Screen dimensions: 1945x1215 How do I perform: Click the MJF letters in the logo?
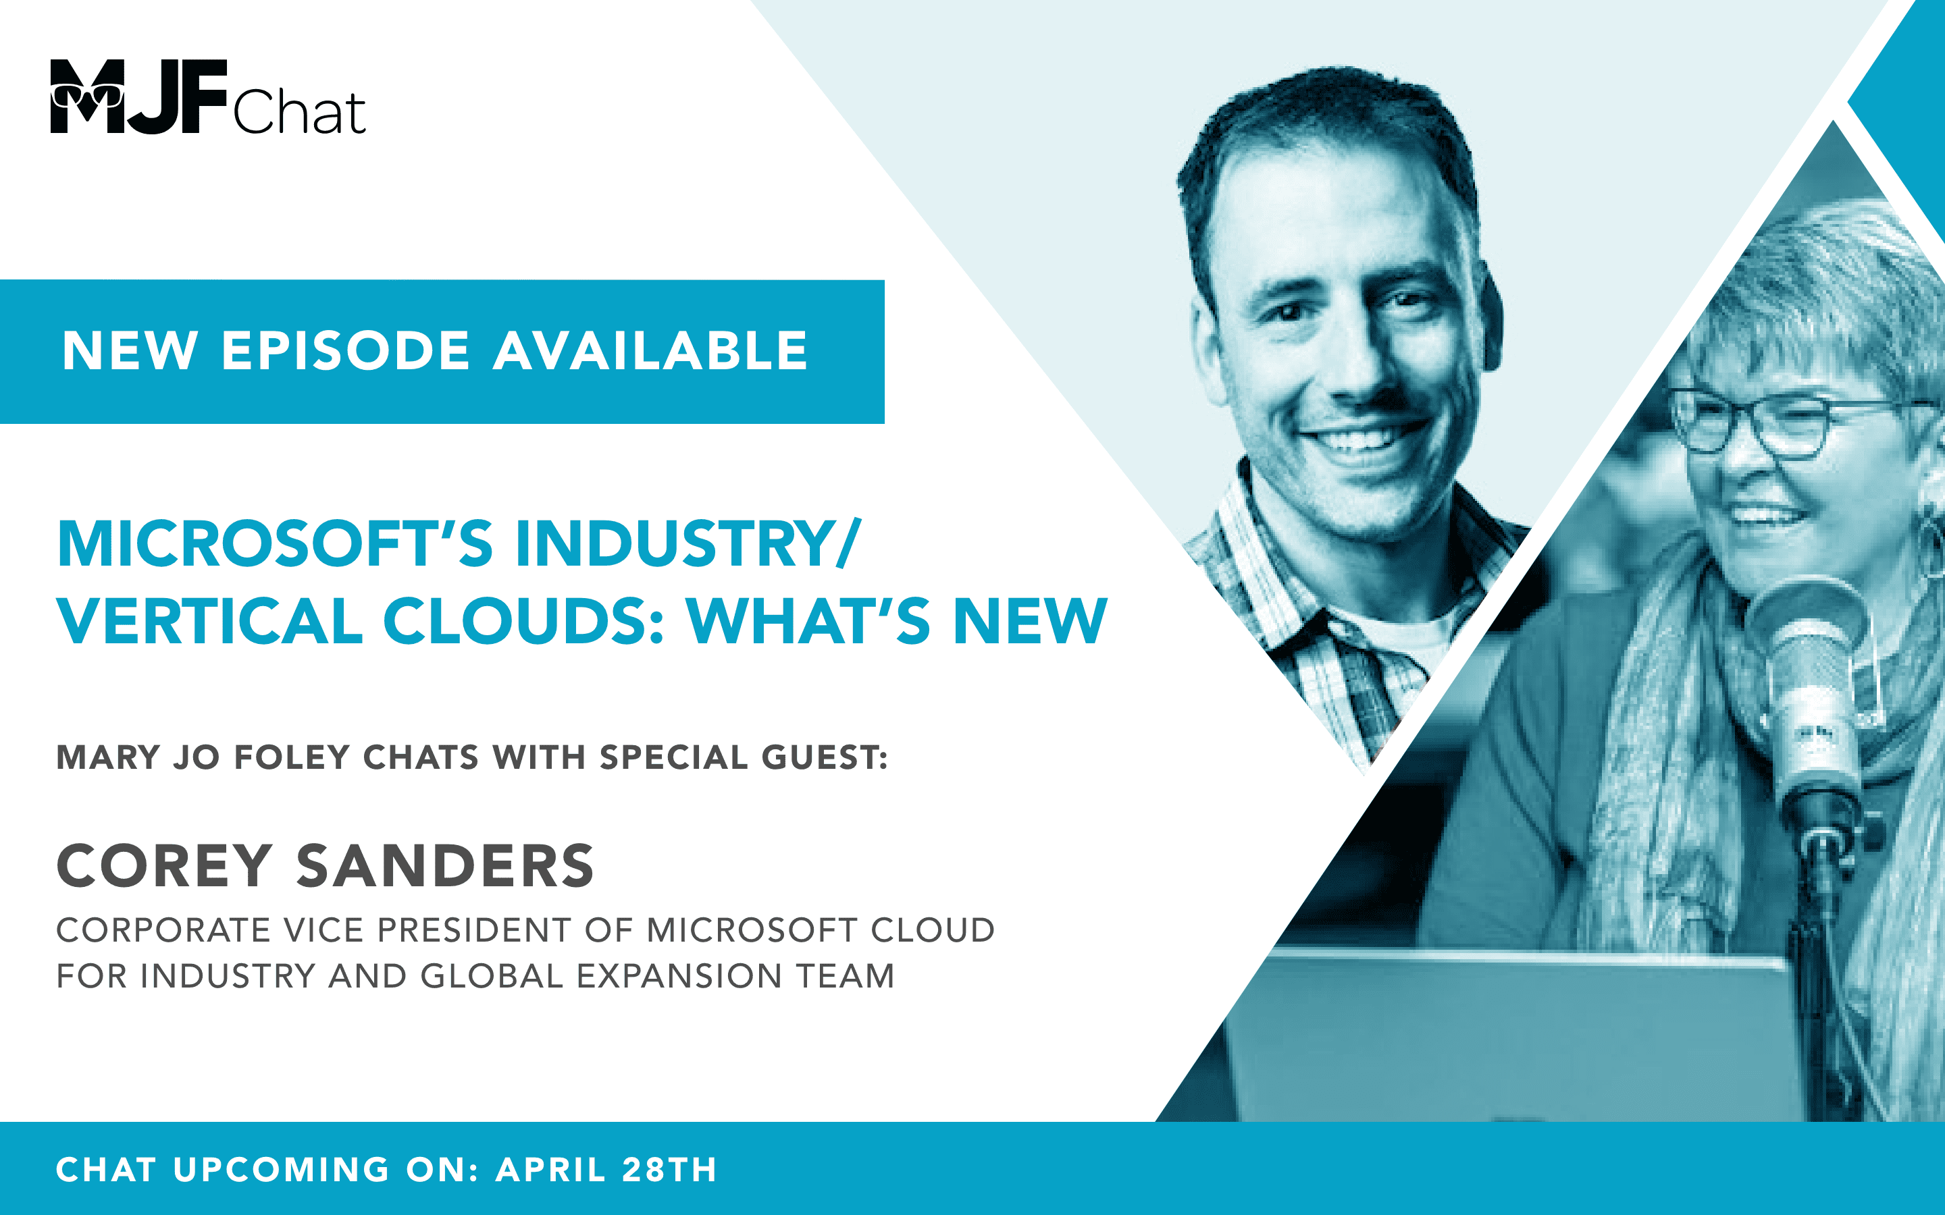(138, 96)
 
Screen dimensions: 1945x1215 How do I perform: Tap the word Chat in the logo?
(299, 113)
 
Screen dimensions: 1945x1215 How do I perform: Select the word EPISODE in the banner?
(345, 351)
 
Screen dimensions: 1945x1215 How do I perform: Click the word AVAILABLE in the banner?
(650, 351)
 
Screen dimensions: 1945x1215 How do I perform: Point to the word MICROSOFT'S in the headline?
(275, 543)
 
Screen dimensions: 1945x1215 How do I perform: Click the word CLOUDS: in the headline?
(524, 621)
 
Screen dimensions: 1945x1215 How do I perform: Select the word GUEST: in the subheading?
(824, 757)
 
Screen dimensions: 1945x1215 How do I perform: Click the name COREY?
(164, 866)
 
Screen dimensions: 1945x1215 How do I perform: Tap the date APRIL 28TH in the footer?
(606, 1169)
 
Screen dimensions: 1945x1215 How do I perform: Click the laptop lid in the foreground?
(1511, 1037)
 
